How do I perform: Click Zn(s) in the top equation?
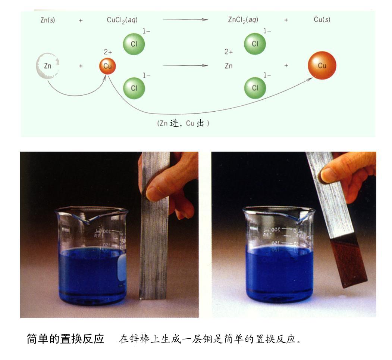click(47, 20)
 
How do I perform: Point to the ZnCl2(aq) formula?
click(243, 20)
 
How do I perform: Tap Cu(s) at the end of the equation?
click(322, 20)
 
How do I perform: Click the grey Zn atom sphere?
click(47, 66)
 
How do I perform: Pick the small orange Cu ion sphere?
click(107, 66)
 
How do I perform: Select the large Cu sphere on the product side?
click(322, 66)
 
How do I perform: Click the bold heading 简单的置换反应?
click(65, 339)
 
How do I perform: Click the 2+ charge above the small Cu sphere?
click(108, 53)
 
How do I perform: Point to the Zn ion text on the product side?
click(229, 66)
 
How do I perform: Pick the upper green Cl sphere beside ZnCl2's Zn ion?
click(255, 44)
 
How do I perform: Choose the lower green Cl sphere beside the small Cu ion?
click(134, 88)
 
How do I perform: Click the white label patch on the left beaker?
click(122, 268)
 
